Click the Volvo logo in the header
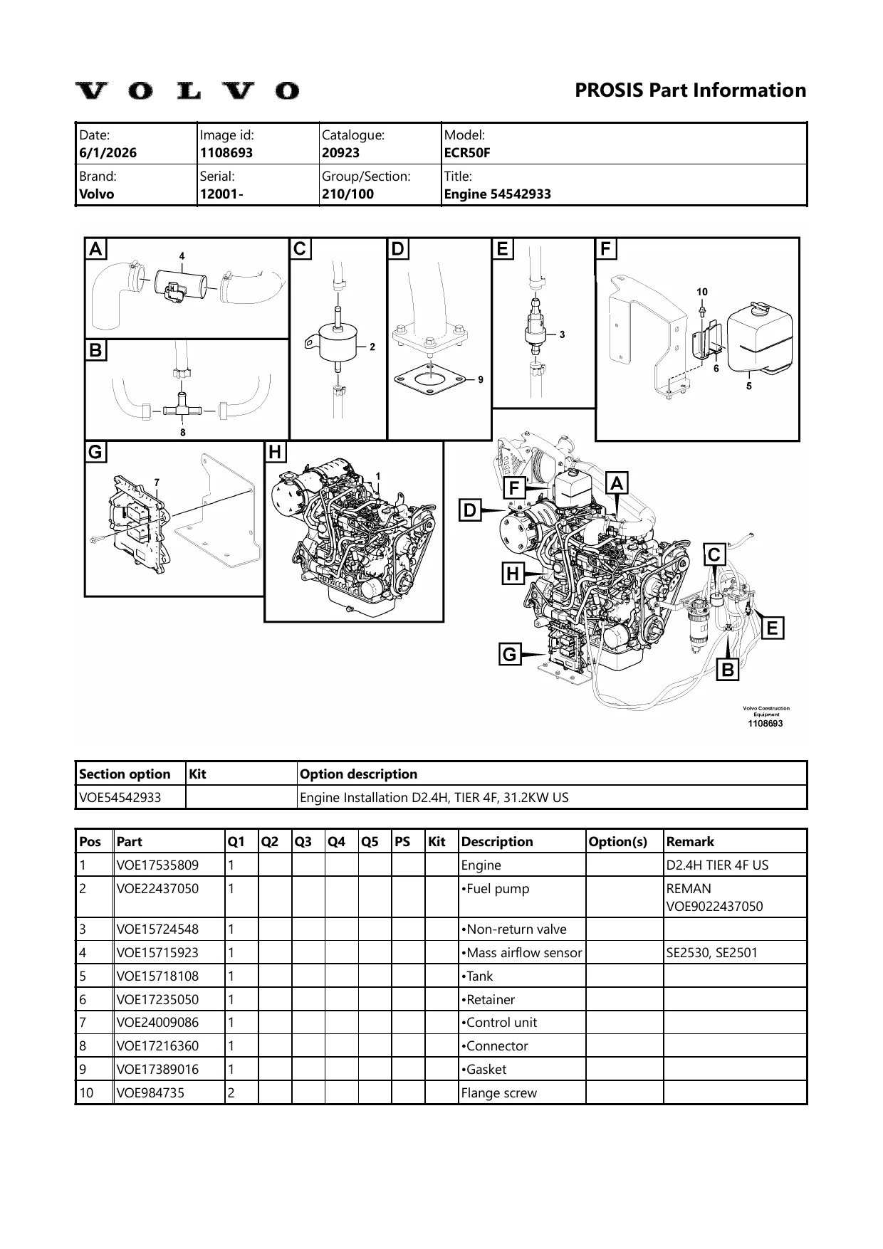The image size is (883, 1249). pyautogui.click(x=187, y=91)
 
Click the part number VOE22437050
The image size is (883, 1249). pyautogui.click(x=157, y=888)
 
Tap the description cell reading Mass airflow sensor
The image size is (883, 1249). pyautogui.click(x=521, y=952)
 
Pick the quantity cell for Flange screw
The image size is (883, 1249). pyautogui.click(x=231, y=1092)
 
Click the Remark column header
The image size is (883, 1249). pyautogui.click(x=690, y=841)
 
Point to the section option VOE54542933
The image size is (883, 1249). pyautogui.click(x=120, y=797)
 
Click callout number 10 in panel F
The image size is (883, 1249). pyautogui.click(x=702, y=292)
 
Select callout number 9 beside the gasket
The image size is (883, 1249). pyautogui.click(x=481, y=379)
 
